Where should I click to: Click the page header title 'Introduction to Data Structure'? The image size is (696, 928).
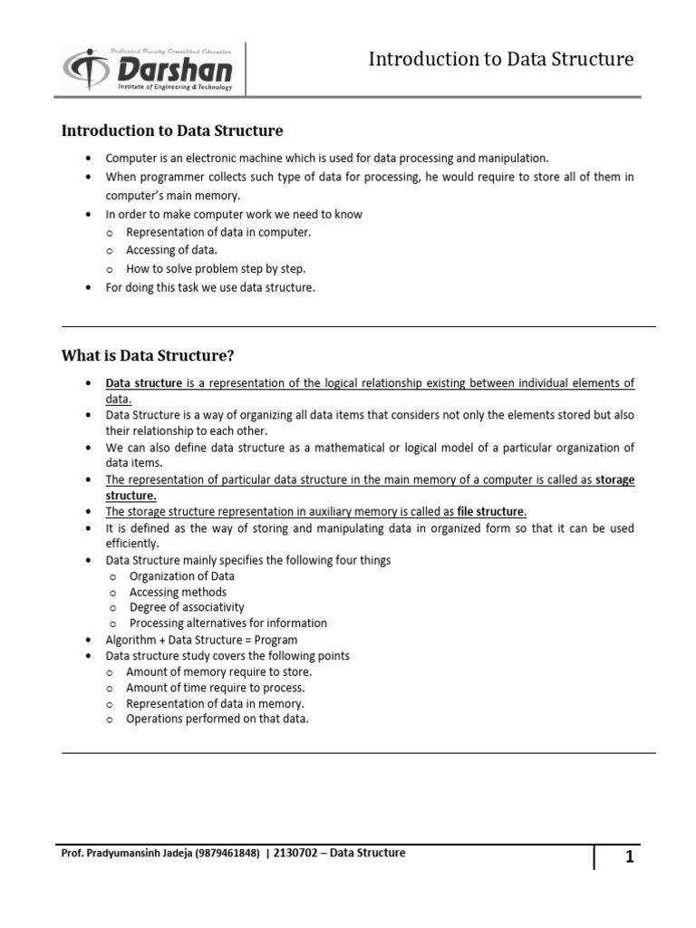tap(501, 60)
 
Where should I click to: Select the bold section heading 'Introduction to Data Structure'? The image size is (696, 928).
tap(172, 131)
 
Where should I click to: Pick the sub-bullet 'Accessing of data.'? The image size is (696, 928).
tap(172, 250)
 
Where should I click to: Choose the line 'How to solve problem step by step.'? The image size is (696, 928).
tap(216, 269)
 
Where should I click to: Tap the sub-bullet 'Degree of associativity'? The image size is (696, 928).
tap(187, 607)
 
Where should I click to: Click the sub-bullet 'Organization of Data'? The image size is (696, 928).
tap(182, 576)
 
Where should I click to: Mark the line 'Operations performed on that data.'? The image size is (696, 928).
tap(217, 719)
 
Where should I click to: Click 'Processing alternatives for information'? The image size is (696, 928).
tap(228, 623)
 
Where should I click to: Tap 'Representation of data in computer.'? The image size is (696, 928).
tap(218, 232)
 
